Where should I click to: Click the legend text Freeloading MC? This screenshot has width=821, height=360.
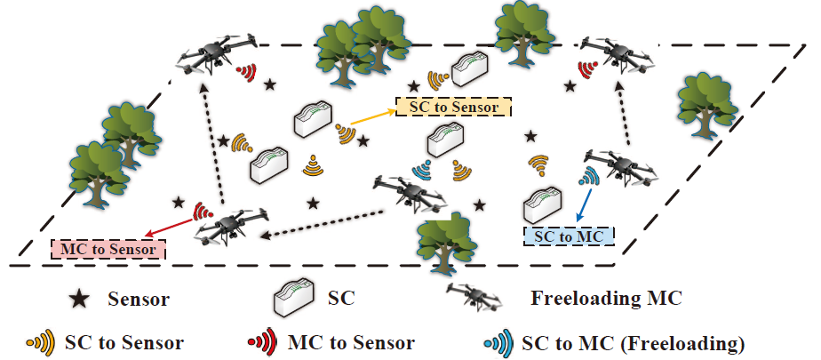605,299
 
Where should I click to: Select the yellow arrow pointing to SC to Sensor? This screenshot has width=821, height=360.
372,119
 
